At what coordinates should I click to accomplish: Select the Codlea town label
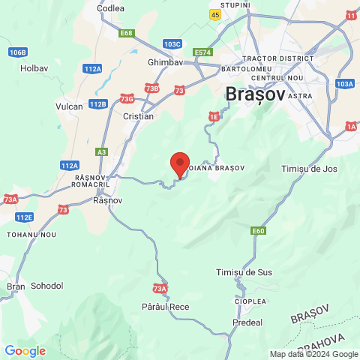tap(110, 8)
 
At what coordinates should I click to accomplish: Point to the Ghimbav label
tap(166, 62)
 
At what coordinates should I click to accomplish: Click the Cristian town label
tap(138, 116)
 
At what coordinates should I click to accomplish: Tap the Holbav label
tap(34, 67)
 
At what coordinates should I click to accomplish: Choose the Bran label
tap(16, 286)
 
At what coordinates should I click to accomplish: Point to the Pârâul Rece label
tap(165, 307)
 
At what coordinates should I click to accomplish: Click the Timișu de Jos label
tap(309, 169)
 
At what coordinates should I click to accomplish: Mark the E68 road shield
tap(126, 33)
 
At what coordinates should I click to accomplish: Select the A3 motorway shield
tap(102, 151)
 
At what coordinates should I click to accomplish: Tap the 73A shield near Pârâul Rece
tap(159, 289)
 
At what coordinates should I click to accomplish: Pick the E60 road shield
tap(259, 231)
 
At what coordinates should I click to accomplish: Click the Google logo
tap(25, 351)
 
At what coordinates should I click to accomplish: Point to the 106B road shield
tap(18, 52)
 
